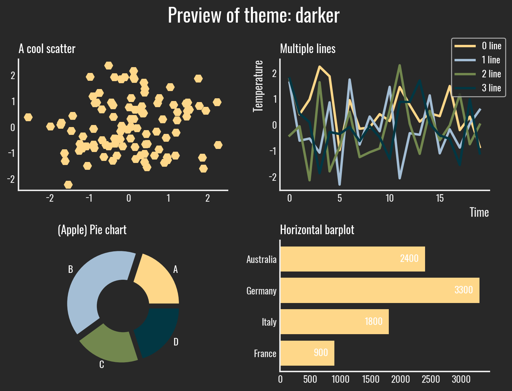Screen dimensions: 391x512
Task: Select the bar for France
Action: tap(307, 353)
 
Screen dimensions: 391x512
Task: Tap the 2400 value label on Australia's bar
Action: tap(409, 258)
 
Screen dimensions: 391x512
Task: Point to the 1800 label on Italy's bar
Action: tap(373, 321)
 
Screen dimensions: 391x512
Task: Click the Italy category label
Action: tap(269, 322)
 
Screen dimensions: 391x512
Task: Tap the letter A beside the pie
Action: tap(176, 270)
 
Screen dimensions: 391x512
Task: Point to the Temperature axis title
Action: tap(258, 86)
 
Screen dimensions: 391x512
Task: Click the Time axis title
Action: tap(479, 212)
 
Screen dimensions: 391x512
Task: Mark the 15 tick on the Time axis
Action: tap(439, 198)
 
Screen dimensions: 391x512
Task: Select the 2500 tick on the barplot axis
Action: tap(431, 379)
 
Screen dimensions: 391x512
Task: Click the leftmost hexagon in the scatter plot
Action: tap(28, 117)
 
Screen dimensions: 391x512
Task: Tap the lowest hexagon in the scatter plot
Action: tap(68, 185)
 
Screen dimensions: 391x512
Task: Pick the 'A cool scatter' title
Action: tap(47, 49)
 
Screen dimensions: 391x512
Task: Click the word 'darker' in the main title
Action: tap(317, 15)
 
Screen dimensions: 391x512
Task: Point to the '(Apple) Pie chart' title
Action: tap(92, 230)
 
